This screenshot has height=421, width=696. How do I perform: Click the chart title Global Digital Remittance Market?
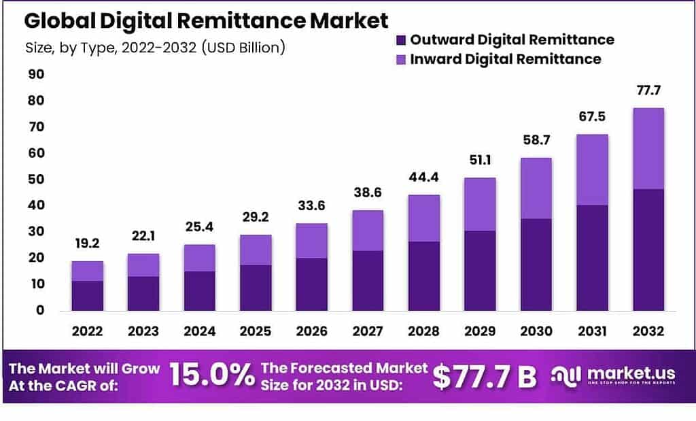click(x=206, y=20)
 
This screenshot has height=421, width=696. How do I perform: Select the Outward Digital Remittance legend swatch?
click(x=402, y=39)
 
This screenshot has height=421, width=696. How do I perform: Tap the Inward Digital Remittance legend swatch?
click(x=402, y=59)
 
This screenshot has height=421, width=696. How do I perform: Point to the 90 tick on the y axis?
click(x=35, y=74)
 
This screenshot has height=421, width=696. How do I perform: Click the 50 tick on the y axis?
click(x=35, y=180)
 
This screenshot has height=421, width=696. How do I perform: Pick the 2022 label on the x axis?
click(x=87, y=331)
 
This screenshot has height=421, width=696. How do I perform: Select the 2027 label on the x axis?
click(x=367, y=331)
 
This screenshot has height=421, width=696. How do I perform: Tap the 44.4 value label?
click(x=423, y=179)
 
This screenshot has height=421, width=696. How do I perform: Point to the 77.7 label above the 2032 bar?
click(x=648, y=91)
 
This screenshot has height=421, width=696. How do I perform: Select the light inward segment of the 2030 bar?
click(x=536, y=188)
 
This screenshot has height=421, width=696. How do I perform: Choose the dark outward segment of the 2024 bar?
click(x=199, y=290)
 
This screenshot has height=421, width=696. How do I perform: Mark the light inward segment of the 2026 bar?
click(x=311, y=241)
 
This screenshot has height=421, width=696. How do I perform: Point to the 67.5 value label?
click(x=591, y=118)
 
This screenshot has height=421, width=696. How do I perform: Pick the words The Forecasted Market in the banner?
click(x=345, y=368)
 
